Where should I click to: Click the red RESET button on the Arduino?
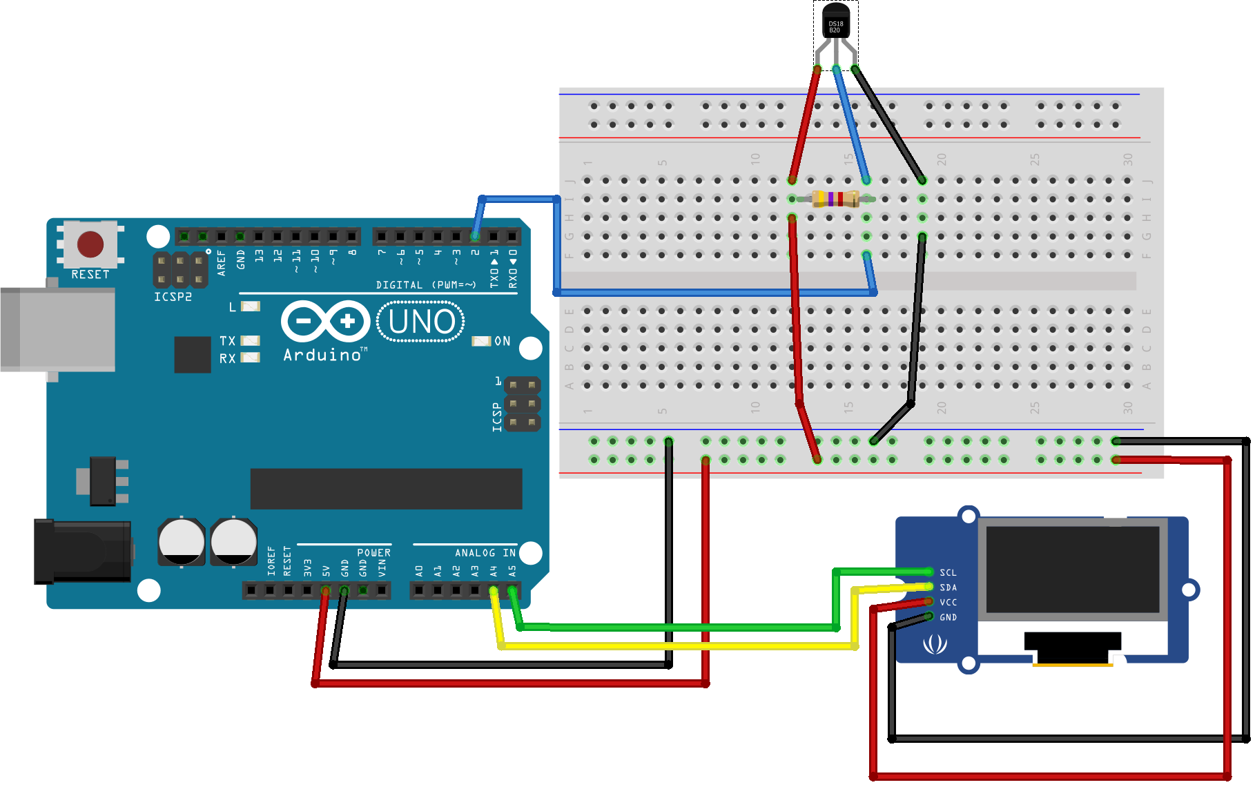[x=90, y=244]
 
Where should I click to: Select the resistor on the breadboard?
[x=835, y=200]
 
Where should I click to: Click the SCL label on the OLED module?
[x=948, y=573]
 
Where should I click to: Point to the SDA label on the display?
[x=948, y=587]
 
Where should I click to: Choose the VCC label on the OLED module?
[x=948, y=603]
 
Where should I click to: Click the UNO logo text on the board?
[x=421, y=322]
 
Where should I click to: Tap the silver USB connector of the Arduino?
[x=58, y=329]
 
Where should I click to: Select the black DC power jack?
[x=83, y=551]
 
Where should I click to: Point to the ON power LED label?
[x=502, y=341]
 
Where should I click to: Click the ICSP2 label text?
[x=173, y=297]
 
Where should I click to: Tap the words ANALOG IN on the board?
[x=485, y=553]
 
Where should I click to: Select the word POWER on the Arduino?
[x=373, y=553]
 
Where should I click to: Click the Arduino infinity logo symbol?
[x=325, y=321]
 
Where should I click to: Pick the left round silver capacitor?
[x=182, y=541]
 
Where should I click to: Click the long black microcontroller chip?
[x=386, y=489]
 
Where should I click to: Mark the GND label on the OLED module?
[x=948, y=617]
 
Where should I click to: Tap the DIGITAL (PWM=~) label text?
[x=426, y=285]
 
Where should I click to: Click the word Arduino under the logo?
[x=322, y=355]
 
